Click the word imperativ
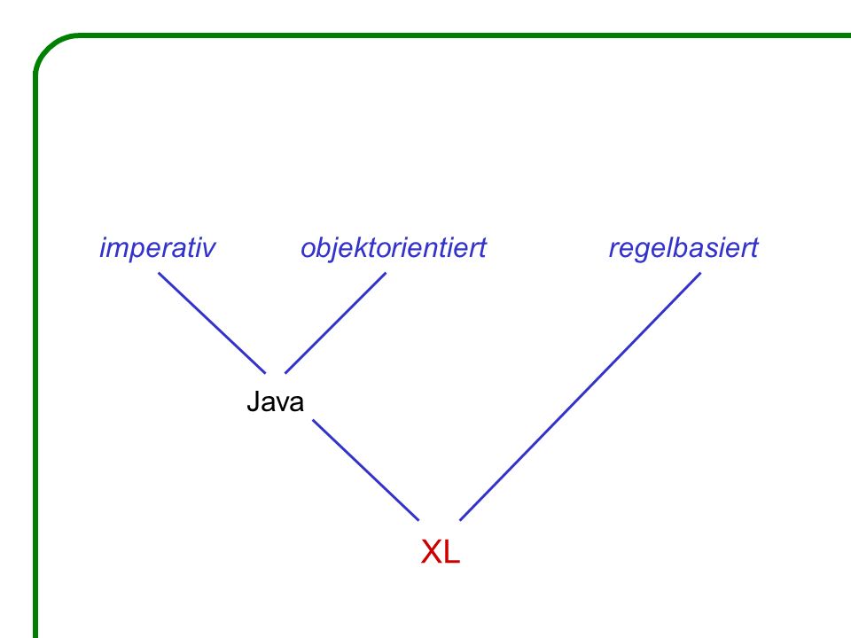coord(158,249)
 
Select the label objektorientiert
coord(394,249)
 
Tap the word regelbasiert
coord(683,249)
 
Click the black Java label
coord(275,402)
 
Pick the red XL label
coord(441,552)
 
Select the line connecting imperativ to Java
coord(212,323)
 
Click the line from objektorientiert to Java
coord(335,323)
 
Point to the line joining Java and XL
coord(366,470)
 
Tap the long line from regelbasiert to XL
coord(580,396)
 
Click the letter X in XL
coord(431,552)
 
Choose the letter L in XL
coord(452,552)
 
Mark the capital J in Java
coord(253,402)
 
